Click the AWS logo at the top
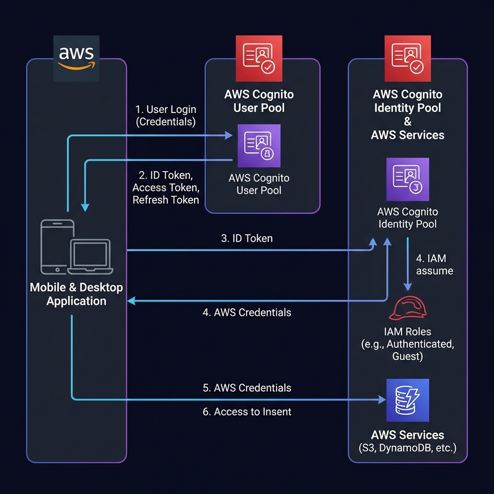coord(76,58)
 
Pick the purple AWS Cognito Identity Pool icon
coord(407,179)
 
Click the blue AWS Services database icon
coord(407,400)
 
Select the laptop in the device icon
coord(90,256)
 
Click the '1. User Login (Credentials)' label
coord(166,116)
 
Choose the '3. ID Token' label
coord(247,238)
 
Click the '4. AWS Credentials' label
coord(247,313)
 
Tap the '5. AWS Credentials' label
coord(247,388)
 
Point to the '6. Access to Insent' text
coord(247,412)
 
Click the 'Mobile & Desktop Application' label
coord(76,294)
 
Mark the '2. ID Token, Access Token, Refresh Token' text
coord(165,187)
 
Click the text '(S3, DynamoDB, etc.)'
coord(407,448)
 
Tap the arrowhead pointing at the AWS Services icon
coord(382,399)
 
